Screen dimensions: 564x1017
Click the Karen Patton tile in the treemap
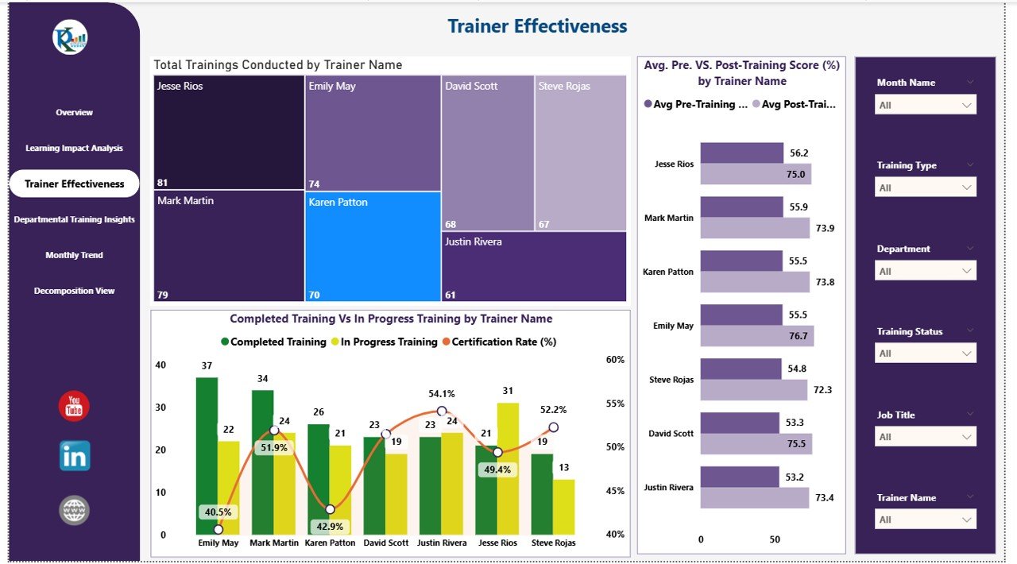click(373, 246)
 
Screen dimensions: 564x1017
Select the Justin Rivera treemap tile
click(534, 266)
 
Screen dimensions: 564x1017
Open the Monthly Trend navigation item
click(74, 255)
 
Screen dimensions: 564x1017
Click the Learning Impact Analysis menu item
click(74, 148)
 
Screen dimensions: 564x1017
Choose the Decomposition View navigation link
click(74, 291)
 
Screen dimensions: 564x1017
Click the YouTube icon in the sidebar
click(74, 406)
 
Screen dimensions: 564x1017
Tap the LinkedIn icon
click(74, 456)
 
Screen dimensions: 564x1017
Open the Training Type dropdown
click(925, 187)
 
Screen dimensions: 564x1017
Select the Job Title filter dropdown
click(925, 437)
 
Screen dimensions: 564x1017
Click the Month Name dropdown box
click(925, 105)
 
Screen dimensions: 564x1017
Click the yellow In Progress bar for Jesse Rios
click(508, 469)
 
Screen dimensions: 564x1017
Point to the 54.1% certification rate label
click(442, 393)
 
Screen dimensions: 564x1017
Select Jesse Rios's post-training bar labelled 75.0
click(755, 175)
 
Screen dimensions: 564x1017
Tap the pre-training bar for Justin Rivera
click(739, 477)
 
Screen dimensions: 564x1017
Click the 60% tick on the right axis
click(615, 359)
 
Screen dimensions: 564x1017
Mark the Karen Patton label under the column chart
click(330, 543)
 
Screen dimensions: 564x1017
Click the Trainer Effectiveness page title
click(537, 26)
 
